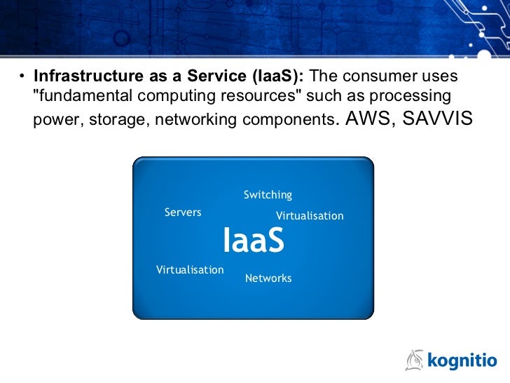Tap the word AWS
(364, 118)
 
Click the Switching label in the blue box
(268, 195)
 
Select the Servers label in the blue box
(183, 213)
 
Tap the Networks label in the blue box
(268, 278)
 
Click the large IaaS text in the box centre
(254, 241)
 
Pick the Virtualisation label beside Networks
(190, 270)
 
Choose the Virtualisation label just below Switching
(310, 216)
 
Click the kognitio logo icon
(415, 360)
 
